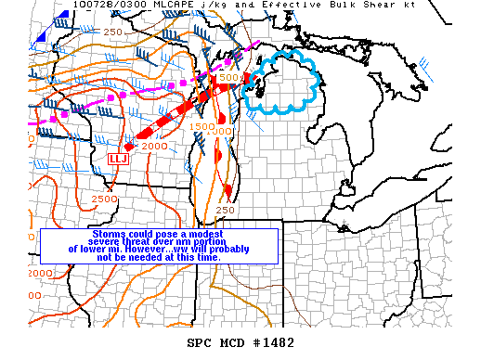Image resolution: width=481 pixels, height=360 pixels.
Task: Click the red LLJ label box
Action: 118,159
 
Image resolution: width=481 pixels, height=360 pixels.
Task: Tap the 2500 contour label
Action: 104,199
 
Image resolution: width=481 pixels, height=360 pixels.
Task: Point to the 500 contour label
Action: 229,77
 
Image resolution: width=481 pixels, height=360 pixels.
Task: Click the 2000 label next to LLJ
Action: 154,147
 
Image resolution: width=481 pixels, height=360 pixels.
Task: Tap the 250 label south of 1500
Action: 225,210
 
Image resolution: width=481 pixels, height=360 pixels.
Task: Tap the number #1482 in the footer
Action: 277,342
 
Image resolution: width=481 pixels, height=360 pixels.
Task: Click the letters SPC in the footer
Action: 199,342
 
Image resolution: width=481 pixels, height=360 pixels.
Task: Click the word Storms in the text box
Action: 112,233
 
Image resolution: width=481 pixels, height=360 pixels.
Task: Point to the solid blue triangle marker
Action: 40,37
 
